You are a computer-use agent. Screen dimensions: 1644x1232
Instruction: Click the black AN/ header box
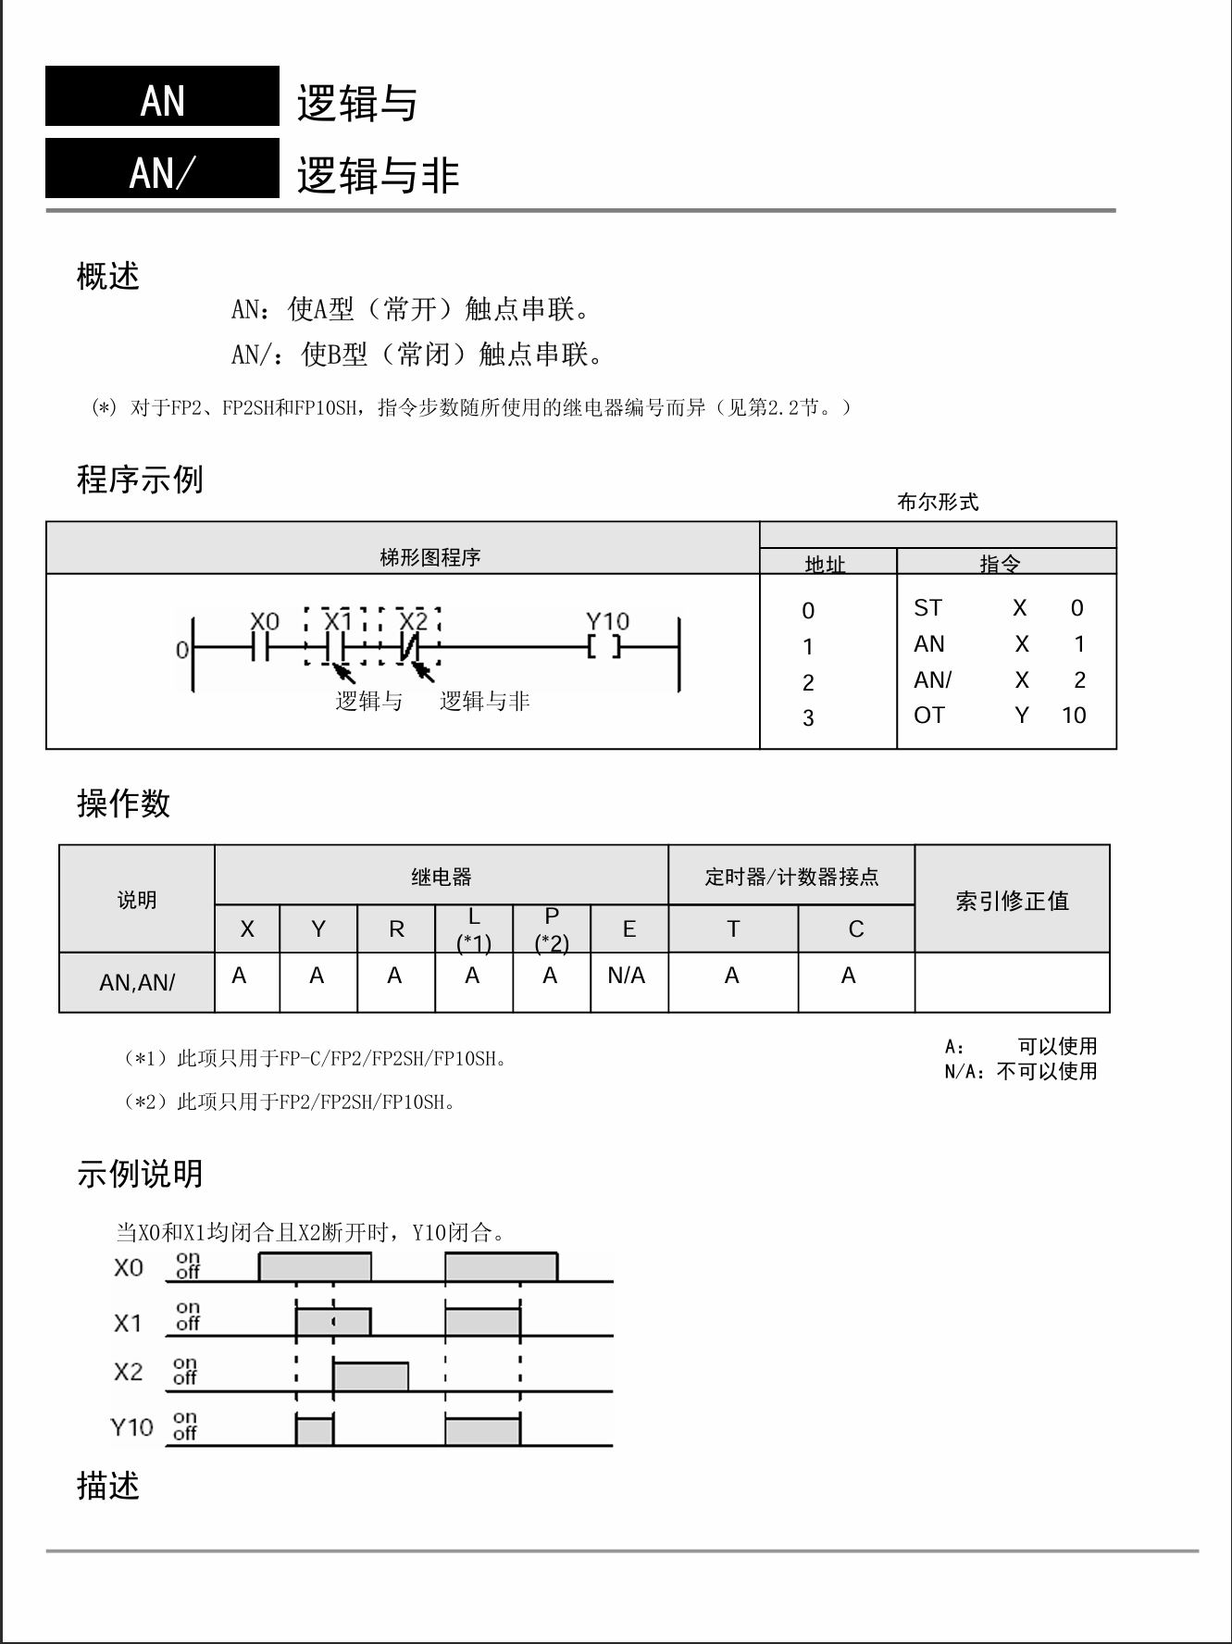point(162,168)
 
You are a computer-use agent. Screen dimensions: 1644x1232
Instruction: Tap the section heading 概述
point(107,276)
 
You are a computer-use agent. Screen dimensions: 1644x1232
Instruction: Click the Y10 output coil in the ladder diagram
point(604,647)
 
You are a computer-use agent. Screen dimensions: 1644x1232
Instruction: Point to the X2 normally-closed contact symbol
point(410,648)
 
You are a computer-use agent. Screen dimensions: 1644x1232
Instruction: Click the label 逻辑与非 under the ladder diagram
point(484,701)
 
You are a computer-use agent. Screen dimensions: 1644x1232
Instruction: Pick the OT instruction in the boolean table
point(929,716)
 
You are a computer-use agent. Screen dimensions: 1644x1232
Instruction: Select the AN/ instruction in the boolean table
point(932,680)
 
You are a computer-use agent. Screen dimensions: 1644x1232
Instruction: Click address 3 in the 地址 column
point(808,717)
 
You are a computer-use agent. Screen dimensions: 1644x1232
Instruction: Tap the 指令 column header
point(1000,562)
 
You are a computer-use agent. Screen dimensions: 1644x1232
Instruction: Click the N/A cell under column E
point(627,976)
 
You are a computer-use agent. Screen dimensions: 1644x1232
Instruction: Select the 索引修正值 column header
point(1012,900)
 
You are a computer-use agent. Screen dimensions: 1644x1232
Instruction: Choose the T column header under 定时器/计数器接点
point(733,928)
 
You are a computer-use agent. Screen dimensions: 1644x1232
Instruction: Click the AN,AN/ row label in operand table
point(137,982)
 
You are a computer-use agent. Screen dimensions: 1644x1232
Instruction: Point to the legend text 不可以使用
point(1047,1071)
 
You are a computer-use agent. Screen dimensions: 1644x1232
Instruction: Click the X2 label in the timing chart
point(129,1371)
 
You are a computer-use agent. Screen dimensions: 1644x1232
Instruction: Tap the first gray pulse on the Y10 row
point(315,1430)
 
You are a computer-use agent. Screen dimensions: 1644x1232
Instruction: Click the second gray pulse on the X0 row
point(501,1267)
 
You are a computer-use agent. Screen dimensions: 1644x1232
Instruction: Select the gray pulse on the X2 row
point(370,1376)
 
